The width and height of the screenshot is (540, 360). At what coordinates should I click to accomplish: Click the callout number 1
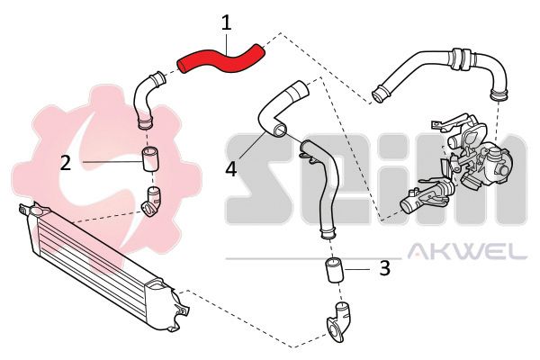(x=226, y=22)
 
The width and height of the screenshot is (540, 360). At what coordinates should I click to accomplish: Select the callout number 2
(x=66, y=162)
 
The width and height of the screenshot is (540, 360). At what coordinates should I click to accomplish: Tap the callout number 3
(x=384, y=267)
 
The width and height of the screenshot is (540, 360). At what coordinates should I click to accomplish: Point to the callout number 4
(x=231, y=169)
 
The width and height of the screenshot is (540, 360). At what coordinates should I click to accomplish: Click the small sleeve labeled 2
(x=150, y=158)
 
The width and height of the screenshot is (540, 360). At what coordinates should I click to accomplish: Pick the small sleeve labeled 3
(x=334, y=270)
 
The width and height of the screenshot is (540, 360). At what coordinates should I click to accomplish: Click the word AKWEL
(x=467, y=251)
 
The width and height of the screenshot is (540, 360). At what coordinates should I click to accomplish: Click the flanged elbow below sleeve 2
(x=151, y=202)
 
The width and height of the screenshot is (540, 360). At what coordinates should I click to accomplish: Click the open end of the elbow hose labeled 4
(x=280, y=130)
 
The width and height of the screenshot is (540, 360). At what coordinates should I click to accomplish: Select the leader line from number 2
(x=112, y=161)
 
